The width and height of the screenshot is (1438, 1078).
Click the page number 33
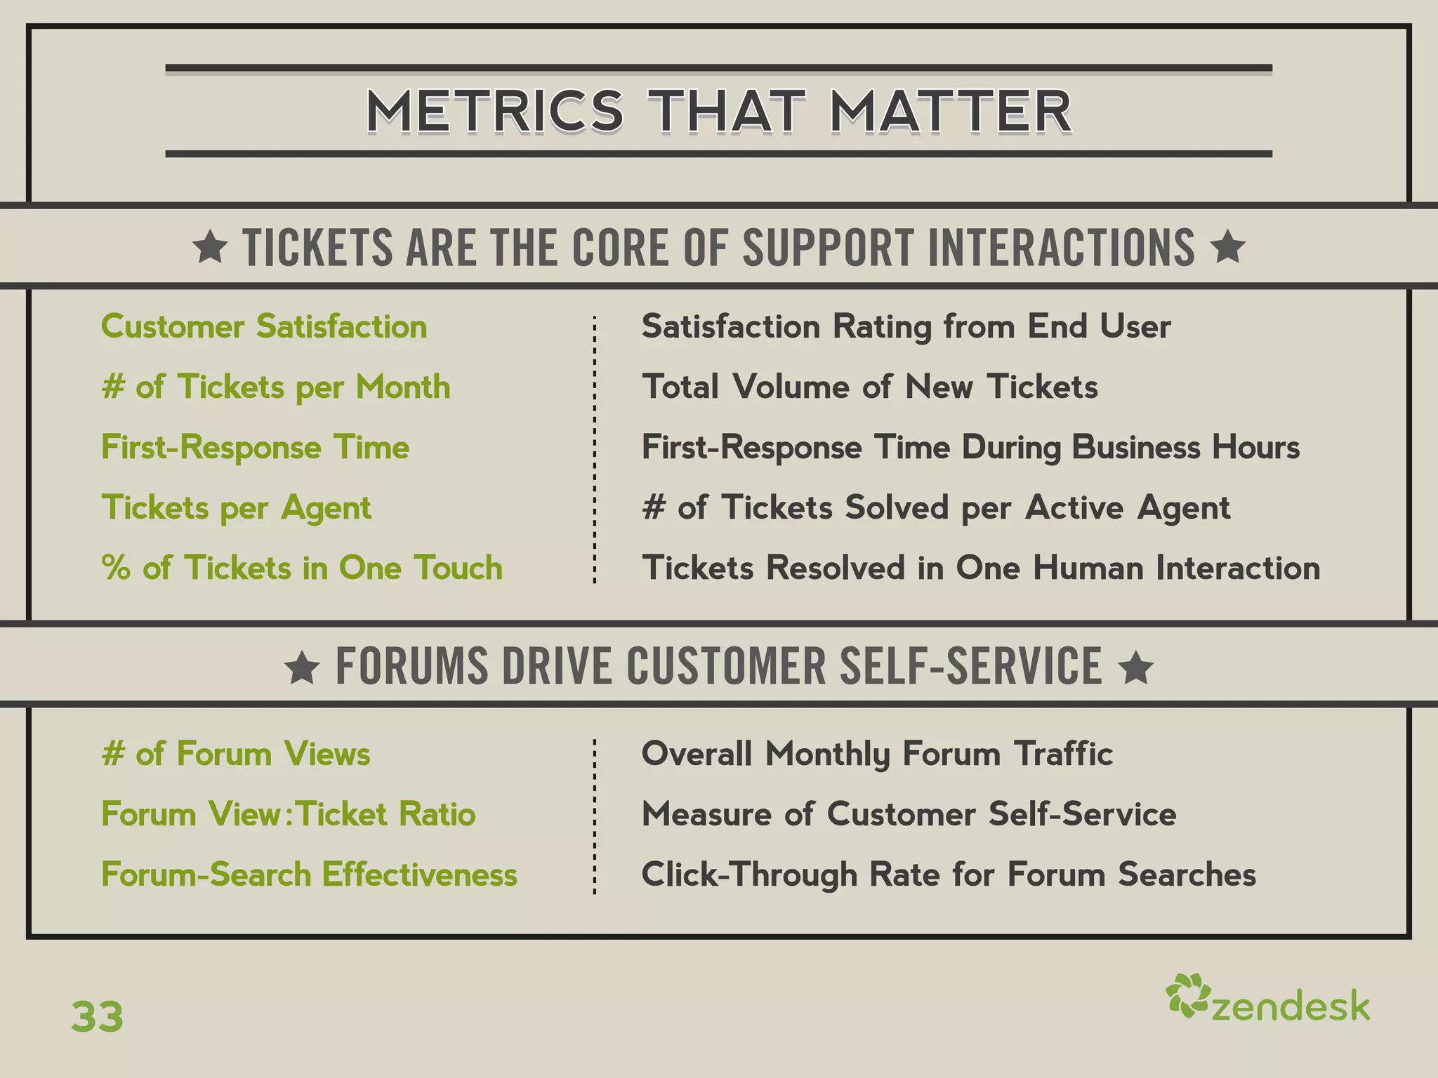coord(97,1016)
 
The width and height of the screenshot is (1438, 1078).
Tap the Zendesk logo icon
coord(1187,996)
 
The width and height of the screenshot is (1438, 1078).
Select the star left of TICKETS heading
coord(210,248)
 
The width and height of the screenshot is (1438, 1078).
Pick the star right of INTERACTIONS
coord(1228,247)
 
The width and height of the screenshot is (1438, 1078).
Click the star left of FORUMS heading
coord(303,667)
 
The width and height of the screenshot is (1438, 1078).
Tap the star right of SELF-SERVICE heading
coord(1136,667)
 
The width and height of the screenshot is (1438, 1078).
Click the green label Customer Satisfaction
coord(264,326)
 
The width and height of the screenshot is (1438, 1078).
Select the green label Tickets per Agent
coord(236,507)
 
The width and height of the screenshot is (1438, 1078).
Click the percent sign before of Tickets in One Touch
coord(116,567)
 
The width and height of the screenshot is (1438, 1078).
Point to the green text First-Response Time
coord(255,447)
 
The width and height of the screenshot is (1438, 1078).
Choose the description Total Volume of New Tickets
coord(869,387)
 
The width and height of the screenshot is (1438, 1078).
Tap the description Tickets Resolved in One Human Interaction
coord(980,567)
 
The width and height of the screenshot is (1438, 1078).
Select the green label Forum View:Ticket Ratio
coord(288,814)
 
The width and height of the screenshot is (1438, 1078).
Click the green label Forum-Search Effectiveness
coord(309,874)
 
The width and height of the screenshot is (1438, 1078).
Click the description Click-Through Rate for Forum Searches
coord(948,874)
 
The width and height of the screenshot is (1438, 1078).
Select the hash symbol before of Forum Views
coord(113,754)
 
